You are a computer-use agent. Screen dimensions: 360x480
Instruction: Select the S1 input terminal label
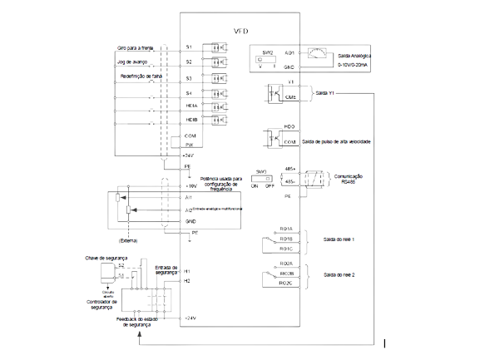click(x=188, y=47)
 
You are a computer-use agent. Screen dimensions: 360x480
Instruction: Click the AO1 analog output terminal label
click(x=289, y=52)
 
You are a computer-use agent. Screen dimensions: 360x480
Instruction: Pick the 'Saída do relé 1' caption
click(x=339, y=238)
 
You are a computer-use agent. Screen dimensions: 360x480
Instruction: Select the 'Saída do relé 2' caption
click(x=339, y=273)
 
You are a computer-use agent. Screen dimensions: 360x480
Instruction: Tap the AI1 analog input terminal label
click(x=189, y=197)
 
